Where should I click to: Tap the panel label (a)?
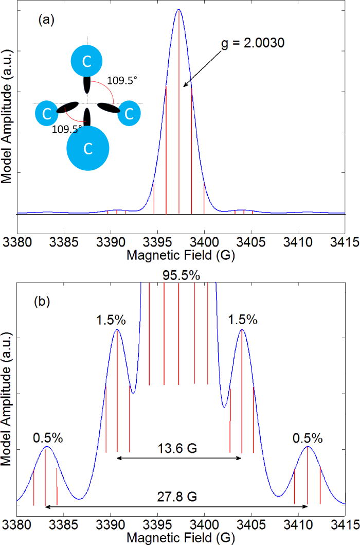pyautogui.click(x=45, y=21)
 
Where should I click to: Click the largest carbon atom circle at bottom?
pyautogui.click(x=88, y=149)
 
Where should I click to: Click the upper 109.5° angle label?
pyautogui.click(x=122, y=81)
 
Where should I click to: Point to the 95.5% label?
pyautogui.click(x=178, y=276)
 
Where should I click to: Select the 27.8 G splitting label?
pyautogui.click(x=179, y=499)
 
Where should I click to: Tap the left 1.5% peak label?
pyautogui.click(x=110, y=320)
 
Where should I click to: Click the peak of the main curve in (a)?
pyautogui.click(x=178, y=9)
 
